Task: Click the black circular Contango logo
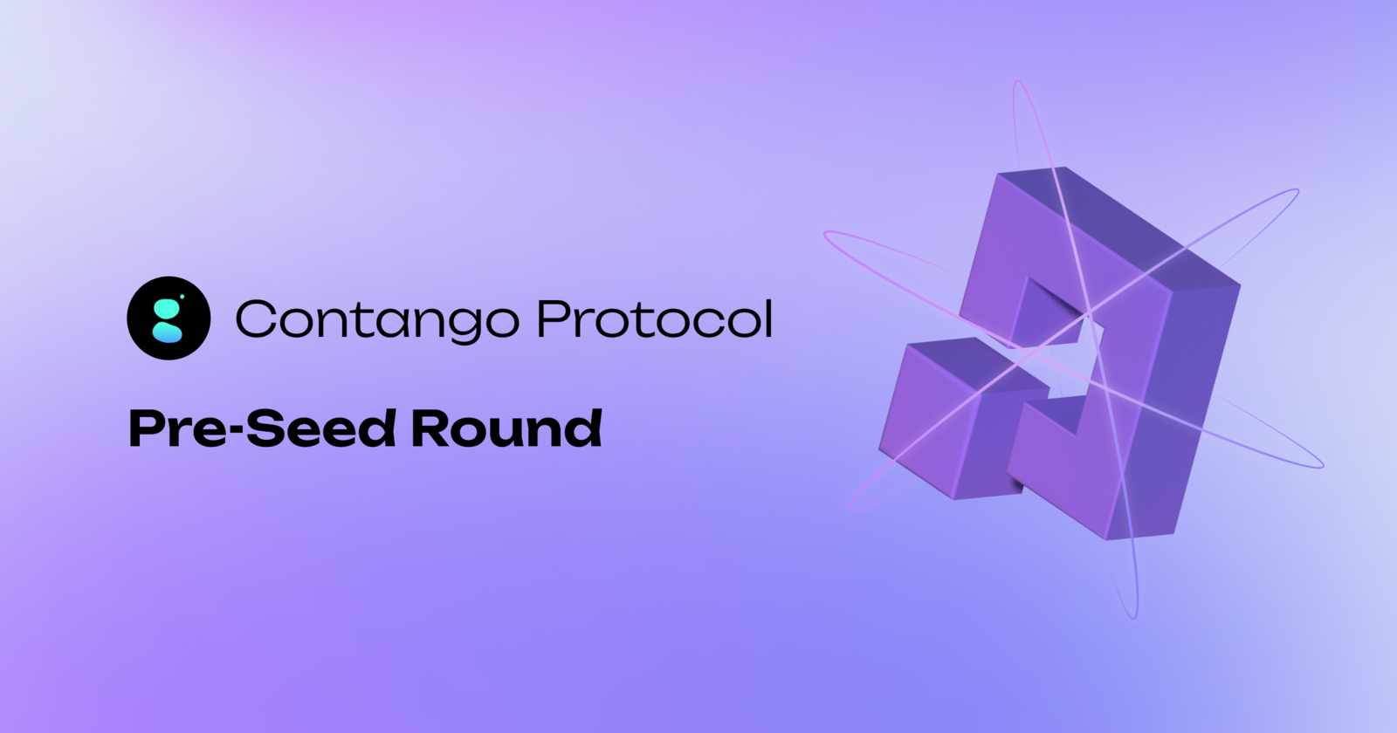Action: (169, 318)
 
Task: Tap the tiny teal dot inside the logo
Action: (182, 297)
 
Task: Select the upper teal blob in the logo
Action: (166, 307)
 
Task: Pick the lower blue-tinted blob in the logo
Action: (168, 332)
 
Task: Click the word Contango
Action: (376, 319)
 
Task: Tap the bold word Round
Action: (506, 428)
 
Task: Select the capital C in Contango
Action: (256, 319)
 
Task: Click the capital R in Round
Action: (429, 428)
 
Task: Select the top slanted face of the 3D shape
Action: (1118, 223)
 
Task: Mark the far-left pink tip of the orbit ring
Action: (826, 233)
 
